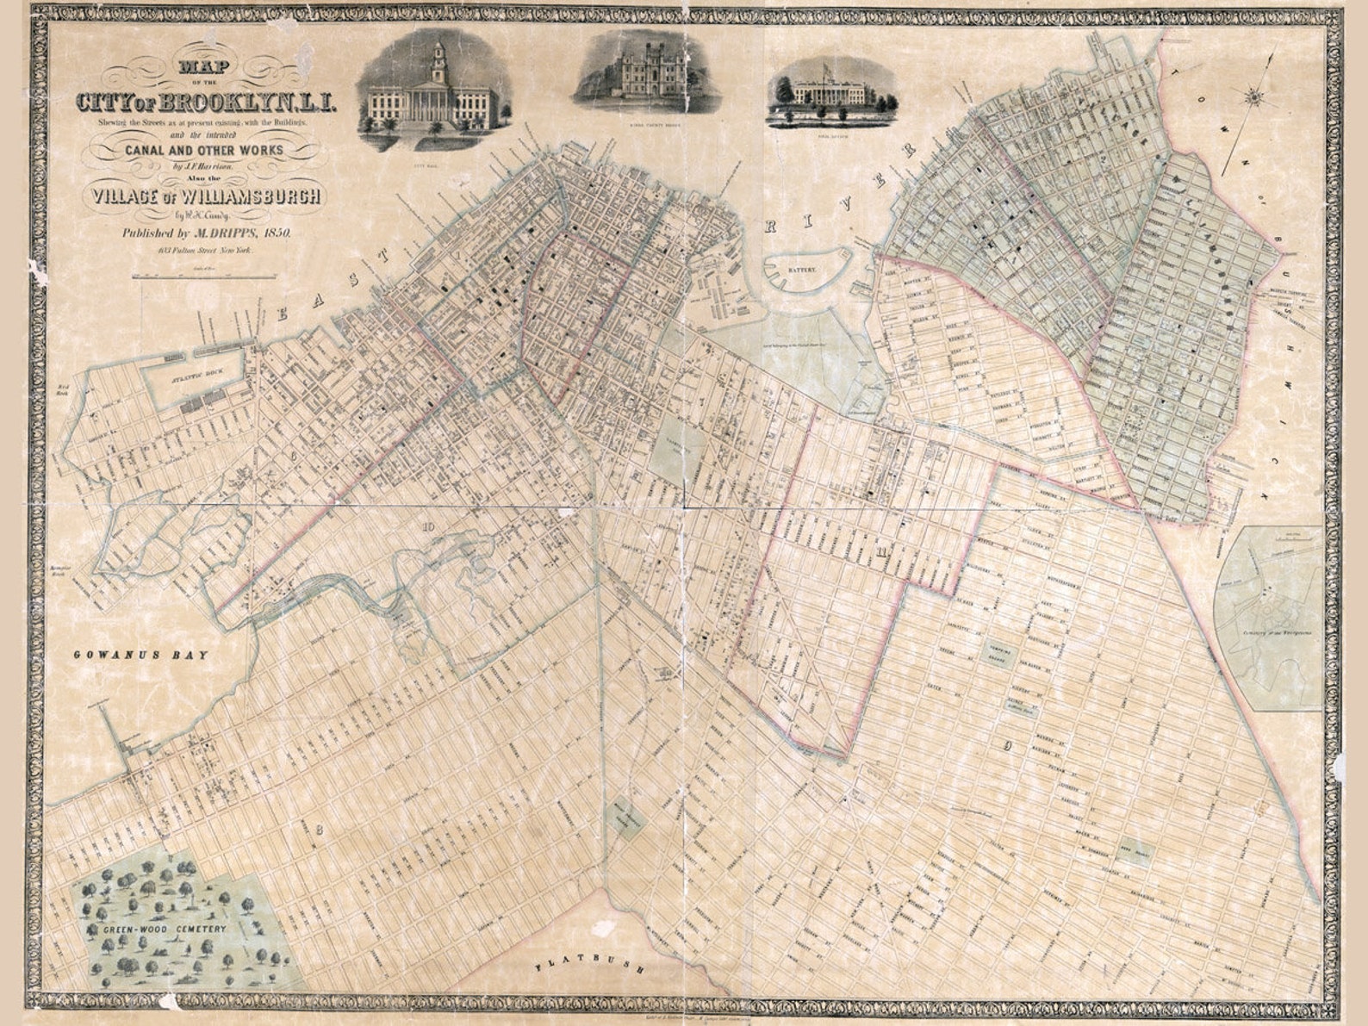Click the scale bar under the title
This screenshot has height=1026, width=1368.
click(x=204, y=277)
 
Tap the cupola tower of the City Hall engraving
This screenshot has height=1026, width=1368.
click(x=438, y=59)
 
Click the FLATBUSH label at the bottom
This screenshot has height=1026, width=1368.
click(x=590, y=964)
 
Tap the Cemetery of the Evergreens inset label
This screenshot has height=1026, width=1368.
click(x=1272, y=631)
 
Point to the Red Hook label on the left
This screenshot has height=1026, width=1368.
click(x=62, y=389)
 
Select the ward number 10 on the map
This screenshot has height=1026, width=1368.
click(x=428, y=526)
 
